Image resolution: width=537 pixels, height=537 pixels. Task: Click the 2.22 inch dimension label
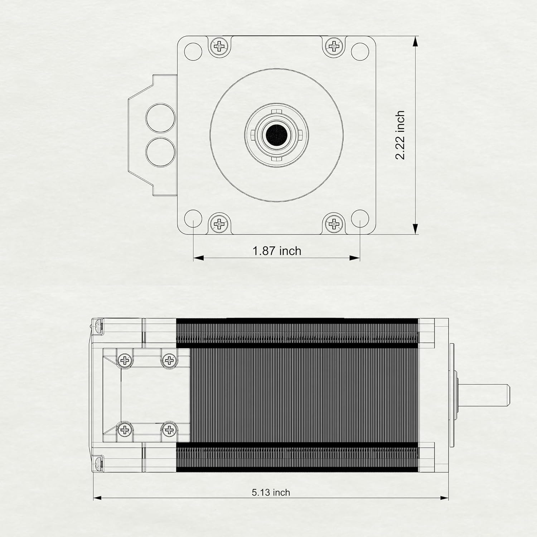click(401, 135)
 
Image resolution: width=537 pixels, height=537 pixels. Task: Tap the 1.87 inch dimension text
click(277, 251)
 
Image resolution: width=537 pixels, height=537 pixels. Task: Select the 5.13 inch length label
click(271, 493)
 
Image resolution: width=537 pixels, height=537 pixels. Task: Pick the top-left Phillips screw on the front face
click(219, 46)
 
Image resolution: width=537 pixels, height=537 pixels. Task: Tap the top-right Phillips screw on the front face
click(334, 46)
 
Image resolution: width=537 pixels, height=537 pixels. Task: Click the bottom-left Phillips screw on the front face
click(219, 224)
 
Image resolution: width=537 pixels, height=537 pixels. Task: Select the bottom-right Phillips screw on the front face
click(334, 224)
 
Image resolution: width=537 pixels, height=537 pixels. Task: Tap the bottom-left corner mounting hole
click(193, 218)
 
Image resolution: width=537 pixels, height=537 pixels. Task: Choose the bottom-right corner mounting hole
click(360, 218)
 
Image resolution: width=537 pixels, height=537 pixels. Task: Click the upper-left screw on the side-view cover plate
click(125, 359)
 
